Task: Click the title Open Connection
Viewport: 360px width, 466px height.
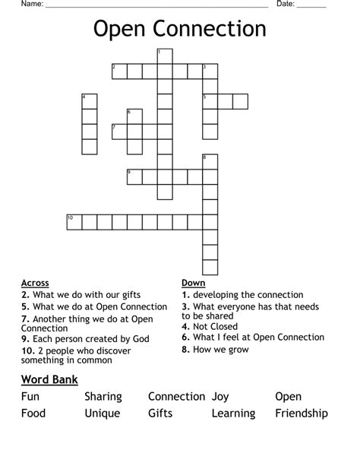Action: [x=180, y=29]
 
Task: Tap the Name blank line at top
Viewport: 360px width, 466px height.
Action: [x=156, y=6]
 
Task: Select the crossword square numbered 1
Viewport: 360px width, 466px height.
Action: [x=165, y=55]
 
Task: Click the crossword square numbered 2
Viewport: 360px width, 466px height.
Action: [x=119, y=71]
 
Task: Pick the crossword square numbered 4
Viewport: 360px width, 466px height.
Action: [x=89, y=101]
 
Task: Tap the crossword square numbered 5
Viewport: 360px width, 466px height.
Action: [x=210, y=101]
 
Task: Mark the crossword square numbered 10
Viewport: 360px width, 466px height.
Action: [x=74, y=221]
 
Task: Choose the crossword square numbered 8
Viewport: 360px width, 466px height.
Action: [x=210, y=161]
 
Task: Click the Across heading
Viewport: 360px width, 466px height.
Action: [x=35, y=282]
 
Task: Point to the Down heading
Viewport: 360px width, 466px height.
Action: [x=194, y=282]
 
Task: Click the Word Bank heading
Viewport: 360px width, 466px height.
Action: [x=49, y=379]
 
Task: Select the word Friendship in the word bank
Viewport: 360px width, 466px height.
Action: [x=301, y=414]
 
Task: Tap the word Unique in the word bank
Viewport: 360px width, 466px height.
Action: [x=103, y=414]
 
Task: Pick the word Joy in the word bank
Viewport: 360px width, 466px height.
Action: [x=220, y=396]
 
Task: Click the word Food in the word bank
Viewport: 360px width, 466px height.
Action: [x=33, y=414]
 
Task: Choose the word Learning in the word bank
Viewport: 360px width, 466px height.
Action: [x=233, y=414]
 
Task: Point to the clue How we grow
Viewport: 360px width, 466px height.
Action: [x=216, y=350]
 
